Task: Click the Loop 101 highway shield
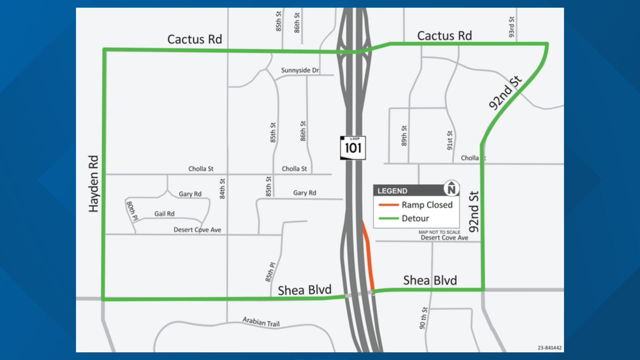pyautogui.click(x=353, y=148)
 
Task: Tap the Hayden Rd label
pyautogui.click(x=94, y=184)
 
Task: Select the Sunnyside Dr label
pyautogui.click(x=300, y=70)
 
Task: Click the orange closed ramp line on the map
pyautogui.click(x=369, y=257)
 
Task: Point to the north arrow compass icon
pyautogui.click(x=451, y=188)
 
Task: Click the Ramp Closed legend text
pyautogui.click(x=427, y=205)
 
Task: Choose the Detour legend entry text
pyautogui.click(x=415, y=218)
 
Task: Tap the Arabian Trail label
pyautogui.click(x=261, y=322)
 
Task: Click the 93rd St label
pyautogui.click(x=511, y=27)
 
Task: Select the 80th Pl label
pyautogui.click(x=132, y=211)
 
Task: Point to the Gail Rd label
pyautogui.click(x=164, y=214)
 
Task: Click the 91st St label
pyautogui.click(x=450, y=140)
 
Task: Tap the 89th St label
pyautogui.click(x=404, y=136)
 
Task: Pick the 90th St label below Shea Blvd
pyautogui.click(x=423, y=318)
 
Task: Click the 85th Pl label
pyautogui.click(x=270, y=272)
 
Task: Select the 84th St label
pyautogui.click(x=222, y=189)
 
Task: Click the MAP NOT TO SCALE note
pyautogui.click(x=439, y=232)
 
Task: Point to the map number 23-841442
pyautogui.click(x=549, y=348)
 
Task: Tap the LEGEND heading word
pyautogui.click(x=392, y=191)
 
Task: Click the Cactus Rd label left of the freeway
pyautogui.click(x=195, y=39)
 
